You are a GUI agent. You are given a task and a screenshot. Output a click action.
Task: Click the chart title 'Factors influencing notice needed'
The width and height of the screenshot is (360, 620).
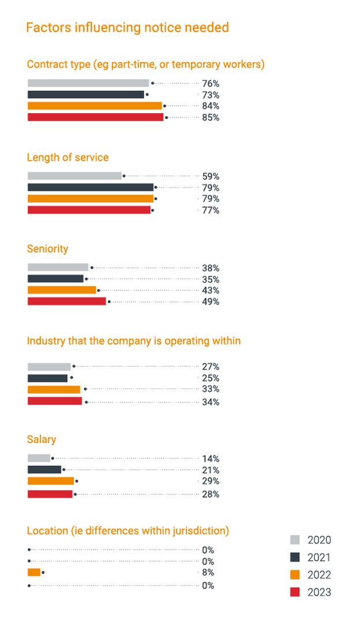point(127,27)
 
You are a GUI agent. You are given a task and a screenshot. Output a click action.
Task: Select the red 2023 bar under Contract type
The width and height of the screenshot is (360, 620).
point(95,117)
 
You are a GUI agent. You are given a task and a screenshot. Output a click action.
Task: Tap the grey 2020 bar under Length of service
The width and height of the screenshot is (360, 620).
point(74,175)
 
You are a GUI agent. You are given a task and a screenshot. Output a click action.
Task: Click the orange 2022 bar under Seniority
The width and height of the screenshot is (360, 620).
point(62,290)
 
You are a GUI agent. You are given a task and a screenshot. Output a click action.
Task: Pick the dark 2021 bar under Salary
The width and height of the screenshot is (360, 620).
point(44,469)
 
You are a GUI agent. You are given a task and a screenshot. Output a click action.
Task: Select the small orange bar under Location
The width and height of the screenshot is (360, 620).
point(34,572)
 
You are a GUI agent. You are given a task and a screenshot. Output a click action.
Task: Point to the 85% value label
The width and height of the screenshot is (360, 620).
point(211,117)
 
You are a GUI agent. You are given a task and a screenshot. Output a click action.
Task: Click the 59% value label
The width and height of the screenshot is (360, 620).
point(211,176)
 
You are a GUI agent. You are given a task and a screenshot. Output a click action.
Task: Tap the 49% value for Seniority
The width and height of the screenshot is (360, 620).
point(211,301)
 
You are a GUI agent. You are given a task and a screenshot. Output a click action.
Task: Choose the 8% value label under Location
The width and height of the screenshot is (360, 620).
point(208,573)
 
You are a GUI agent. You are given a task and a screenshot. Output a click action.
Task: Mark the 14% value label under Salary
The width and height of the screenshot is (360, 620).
point(211,459)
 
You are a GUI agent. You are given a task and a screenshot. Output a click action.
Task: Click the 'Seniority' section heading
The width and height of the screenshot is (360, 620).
point(47,249)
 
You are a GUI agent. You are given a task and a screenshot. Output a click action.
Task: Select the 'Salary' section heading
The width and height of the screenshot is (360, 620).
point(42,439)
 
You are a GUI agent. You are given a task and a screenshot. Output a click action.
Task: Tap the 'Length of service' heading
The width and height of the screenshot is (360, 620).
point(67,157)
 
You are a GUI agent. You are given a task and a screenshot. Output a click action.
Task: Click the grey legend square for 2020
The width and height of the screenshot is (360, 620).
point(295,540)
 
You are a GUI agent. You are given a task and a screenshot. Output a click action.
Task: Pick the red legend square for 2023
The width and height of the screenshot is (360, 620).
point(295,592)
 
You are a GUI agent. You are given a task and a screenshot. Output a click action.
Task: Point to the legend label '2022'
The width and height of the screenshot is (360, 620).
point(319,574)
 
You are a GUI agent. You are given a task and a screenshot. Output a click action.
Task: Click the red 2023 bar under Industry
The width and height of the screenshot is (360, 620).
point(55,401)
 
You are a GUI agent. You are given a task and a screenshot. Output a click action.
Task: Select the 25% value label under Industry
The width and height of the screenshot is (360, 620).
point(211,378)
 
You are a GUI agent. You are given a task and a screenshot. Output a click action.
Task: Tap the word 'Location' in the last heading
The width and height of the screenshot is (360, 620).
point(47,531)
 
